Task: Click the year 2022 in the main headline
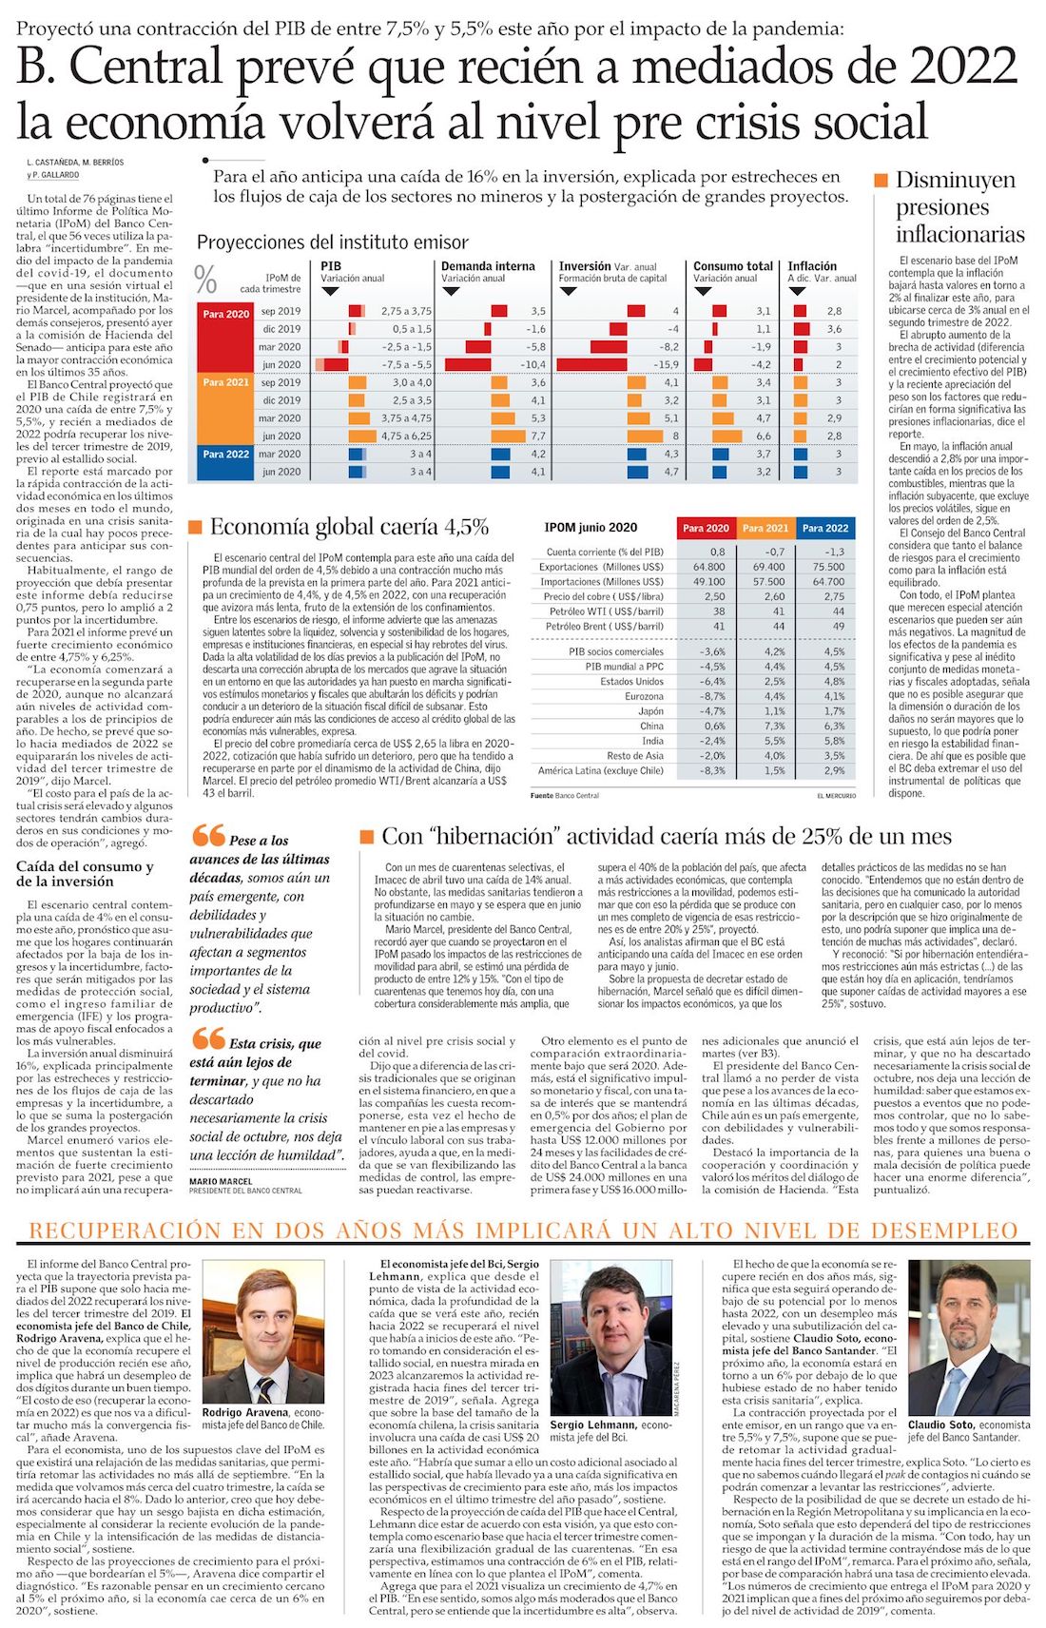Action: (962, 67)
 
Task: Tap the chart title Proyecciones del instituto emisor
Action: (332, 242)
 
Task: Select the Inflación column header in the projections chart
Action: (812, 266)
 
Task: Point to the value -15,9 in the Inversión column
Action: (666, 364)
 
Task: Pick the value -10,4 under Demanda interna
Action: (533, 364)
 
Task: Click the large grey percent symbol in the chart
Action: (205, 278)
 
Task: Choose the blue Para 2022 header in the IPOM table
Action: (824, 528)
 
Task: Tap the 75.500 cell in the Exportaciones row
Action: (827, 567)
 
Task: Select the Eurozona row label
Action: (644, 696)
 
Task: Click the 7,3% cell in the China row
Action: (774, 726)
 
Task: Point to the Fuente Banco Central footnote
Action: (565, 795)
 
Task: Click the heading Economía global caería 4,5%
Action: (349, 527)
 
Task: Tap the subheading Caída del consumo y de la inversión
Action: (85, 873)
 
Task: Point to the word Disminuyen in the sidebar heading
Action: (942, 180)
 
